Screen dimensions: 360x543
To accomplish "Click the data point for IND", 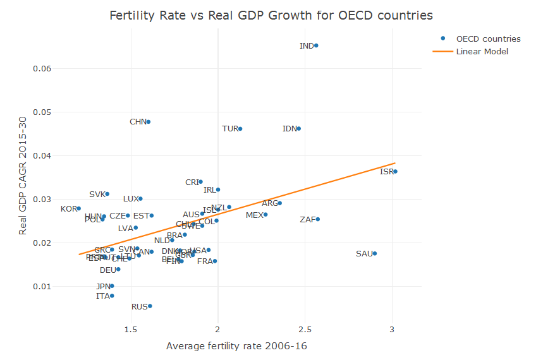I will [x=316, y=45].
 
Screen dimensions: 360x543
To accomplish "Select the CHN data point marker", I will [x=149, y=122].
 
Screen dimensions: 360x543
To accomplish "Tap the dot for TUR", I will [x=240, y=129].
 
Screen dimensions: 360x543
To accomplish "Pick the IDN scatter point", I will [x=298, y=129].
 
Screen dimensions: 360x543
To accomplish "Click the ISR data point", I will [x=395, y=171].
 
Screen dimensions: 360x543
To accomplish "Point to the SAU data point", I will [x=375, y=253].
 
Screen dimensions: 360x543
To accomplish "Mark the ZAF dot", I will [x=318, y=219].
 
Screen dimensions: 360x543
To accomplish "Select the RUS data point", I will [x=150, y=306].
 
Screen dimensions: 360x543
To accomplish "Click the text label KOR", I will [x=69, y=209].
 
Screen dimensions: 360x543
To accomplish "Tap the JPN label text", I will [x=103, y=286].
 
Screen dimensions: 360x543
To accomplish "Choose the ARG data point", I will [x=279, y=203].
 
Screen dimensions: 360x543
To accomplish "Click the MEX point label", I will [x=255, y=215].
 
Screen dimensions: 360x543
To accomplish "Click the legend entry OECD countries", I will [x=489, y=39].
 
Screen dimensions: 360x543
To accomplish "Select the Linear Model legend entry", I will [x=482, y=51].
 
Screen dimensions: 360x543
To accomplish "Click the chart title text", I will [x=271, y=15].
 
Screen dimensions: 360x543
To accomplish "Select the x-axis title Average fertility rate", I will [x=236, y=346].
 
